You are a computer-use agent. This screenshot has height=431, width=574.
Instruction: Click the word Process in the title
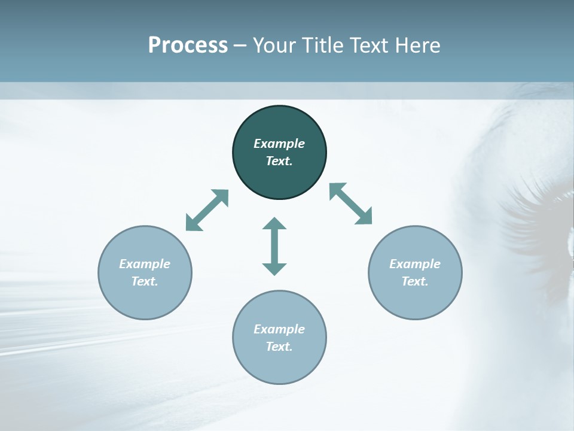188,45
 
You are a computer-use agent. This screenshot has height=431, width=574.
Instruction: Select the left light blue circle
145,299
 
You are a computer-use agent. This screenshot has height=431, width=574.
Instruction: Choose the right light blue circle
415,299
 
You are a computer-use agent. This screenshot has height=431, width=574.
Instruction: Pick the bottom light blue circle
279,365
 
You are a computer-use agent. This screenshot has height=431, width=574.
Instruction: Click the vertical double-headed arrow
274,246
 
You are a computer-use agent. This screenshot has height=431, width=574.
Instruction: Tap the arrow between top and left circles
207,210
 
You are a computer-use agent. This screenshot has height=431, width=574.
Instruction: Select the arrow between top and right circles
350,204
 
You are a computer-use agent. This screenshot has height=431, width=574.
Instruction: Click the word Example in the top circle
279,144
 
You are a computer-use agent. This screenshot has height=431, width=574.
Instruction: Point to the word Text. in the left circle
145,281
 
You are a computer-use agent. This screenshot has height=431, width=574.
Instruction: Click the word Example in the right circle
415,264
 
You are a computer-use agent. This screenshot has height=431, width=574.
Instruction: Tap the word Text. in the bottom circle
279,347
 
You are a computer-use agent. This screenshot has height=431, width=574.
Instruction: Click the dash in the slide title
240,46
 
